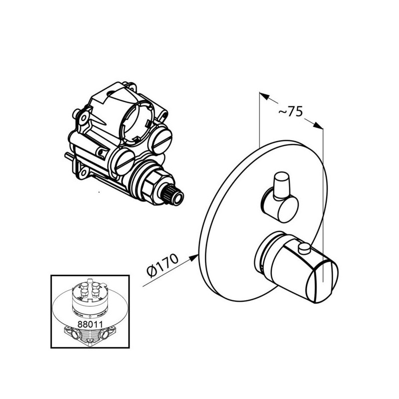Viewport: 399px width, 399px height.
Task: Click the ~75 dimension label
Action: [x=291, y=111]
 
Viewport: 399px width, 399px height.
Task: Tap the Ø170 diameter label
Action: [x=163, y=265]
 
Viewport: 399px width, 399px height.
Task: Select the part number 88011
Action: [x=90, y=324]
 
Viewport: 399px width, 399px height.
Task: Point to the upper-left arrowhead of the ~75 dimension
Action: [x=264, y=96]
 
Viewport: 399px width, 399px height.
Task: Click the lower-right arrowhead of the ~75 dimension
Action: [x=318, y=125]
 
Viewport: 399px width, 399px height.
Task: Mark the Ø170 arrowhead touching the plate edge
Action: [x=194, y=257]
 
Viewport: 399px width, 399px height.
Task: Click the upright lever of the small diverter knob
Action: [x=281, y=185]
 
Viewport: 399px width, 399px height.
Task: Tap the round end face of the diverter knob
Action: [x=288, y=210]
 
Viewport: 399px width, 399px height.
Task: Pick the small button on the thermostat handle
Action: [x=304, y=247]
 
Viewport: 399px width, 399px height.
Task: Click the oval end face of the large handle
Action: [x=322, y=282]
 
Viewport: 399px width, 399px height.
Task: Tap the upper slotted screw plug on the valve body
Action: [x=162, y=140]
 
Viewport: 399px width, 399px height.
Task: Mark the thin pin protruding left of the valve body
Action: [x=69, y=156]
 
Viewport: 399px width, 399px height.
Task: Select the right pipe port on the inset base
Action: [x=105, y=333]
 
